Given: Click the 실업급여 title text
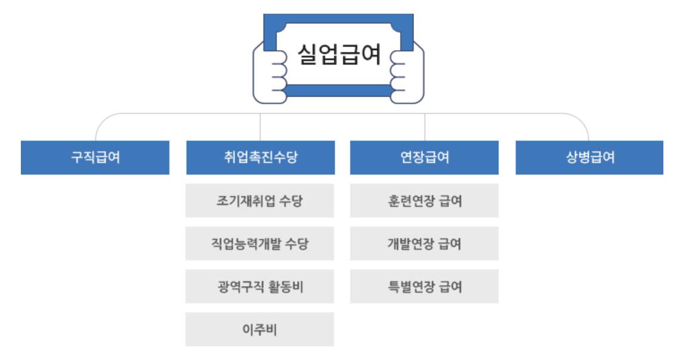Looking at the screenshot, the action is click(339, 55).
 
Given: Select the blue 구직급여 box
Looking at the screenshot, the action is click(95, 157).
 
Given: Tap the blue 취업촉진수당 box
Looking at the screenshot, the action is click(260, 157).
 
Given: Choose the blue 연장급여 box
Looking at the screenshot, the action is click(424, 157).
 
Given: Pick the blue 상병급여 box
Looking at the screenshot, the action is click(589, 157).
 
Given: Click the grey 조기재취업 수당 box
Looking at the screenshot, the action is click(259, 201).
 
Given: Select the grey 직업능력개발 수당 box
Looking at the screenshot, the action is click(259, 244).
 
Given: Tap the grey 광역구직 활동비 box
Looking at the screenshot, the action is click(259, 287).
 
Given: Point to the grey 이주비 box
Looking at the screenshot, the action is click(259, 329).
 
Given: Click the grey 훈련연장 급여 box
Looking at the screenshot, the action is click(424, 201).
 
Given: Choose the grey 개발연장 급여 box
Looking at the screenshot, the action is click(424, 244).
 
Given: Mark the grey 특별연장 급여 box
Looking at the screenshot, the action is click(424, 287).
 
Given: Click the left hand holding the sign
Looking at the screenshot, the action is click(268, 75).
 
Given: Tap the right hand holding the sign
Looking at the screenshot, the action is click(409, 75).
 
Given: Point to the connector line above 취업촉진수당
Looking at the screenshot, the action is click(260, 127).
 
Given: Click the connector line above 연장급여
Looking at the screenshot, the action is click(425, 127).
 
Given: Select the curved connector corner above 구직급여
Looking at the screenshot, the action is click(100, 121).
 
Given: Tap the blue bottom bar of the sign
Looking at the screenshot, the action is click(339, 91).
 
